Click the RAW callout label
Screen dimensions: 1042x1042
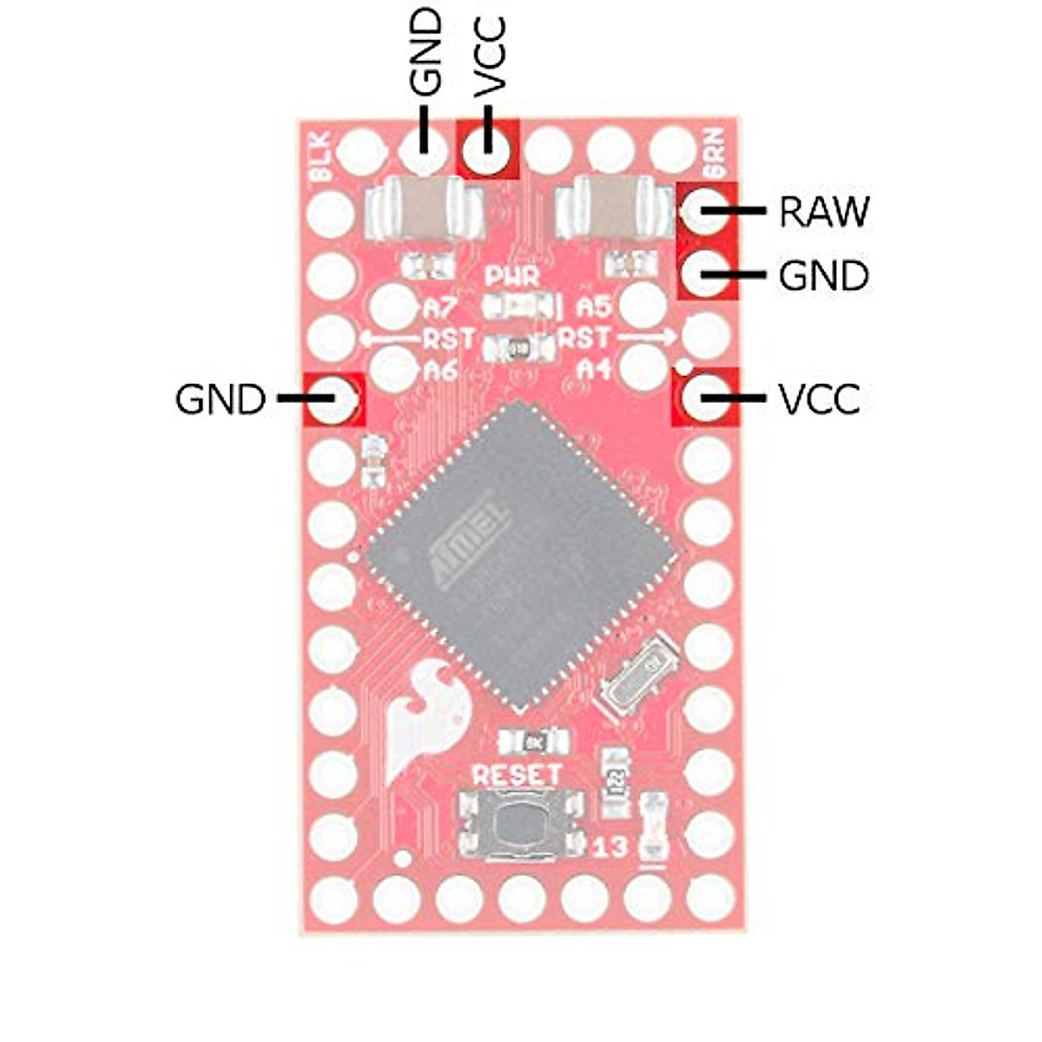coord(823,211)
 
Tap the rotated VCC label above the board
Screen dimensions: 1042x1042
coord(490,55)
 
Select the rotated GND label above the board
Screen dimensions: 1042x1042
coord(425,53)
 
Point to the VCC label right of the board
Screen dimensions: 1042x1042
coord(819,400)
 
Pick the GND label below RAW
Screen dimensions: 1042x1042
coord(823,276)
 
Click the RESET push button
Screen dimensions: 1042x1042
coord(519,826)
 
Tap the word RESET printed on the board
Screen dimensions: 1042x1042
coord(516,774)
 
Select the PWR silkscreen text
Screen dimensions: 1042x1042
coord(512,278)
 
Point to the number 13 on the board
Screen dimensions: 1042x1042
coord(610,847)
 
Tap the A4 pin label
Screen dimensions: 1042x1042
coord(597,369)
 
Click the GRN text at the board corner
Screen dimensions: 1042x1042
coord(716,157)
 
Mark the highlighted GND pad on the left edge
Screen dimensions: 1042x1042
coord(333,400)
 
